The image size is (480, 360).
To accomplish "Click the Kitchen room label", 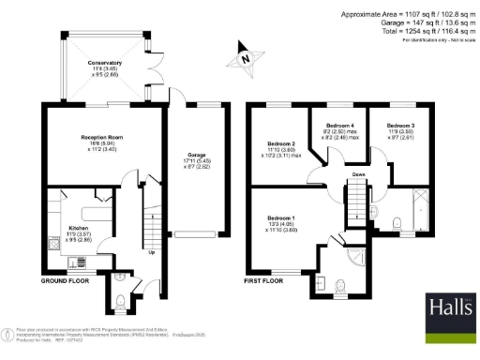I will (x=79, y=227).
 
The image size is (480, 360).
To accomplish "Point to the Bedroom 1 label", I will (x=281, y=219).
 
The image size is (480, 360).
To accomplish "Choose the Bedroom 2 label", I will (x=281, y=143).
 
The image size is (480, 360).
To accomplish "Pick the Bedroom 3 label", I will (x=400, y=125).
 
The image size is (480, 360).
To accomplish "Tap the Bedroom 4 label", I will (x=339, y=125).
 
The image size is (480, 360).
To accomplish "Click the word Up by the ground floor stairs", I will (x=153, y=251).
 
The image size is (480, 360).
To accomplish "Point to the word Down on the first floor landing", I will (x=358, y=174).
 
